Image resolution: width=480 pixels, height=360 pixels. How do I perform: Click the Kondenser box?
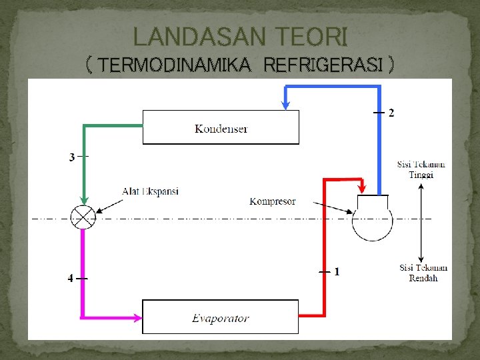pyautogui.click(x=221, y=127)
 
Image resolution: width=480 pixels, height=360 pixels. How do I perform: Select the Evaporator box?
pyautogui.click(x=221, y=317)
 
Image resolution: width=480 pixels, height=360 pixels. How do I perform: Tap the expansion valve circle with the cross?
pyautogui.click(x=84, y=217)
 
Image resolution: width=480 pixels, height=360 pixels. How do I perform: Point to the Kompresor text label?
pyautogui.click(x=273, y=201)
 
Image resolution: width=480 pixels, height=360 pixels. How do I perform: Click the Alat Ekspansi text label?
pyautogui.click(x=150, y=191)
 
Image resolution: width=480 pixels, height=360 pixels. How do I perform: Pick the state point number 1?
pyautogui.click(x=337, y=271)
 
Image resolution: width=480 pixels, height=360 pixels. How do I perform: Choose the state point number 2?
pyautogui.click(x=391, y=113)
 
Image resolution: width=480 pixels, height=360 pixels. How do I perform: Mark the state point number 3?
pyautogui.click(x=71, y=157)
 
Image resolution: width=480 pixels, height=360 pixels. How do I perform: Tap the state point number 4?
pyautogui.click(x=71, y=278)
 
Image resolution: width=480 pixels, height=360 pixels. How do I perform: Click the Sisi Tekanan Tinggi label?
pyautogui.click(x=421, y=169)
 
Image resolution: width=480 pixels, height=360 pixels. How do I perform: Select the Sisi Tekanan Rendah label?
pyautogui.click(x=423, y=273)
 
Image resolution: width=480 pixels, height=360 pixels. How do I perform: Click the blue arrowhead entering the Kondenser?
pyautogui.click(x=285, y=104)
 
